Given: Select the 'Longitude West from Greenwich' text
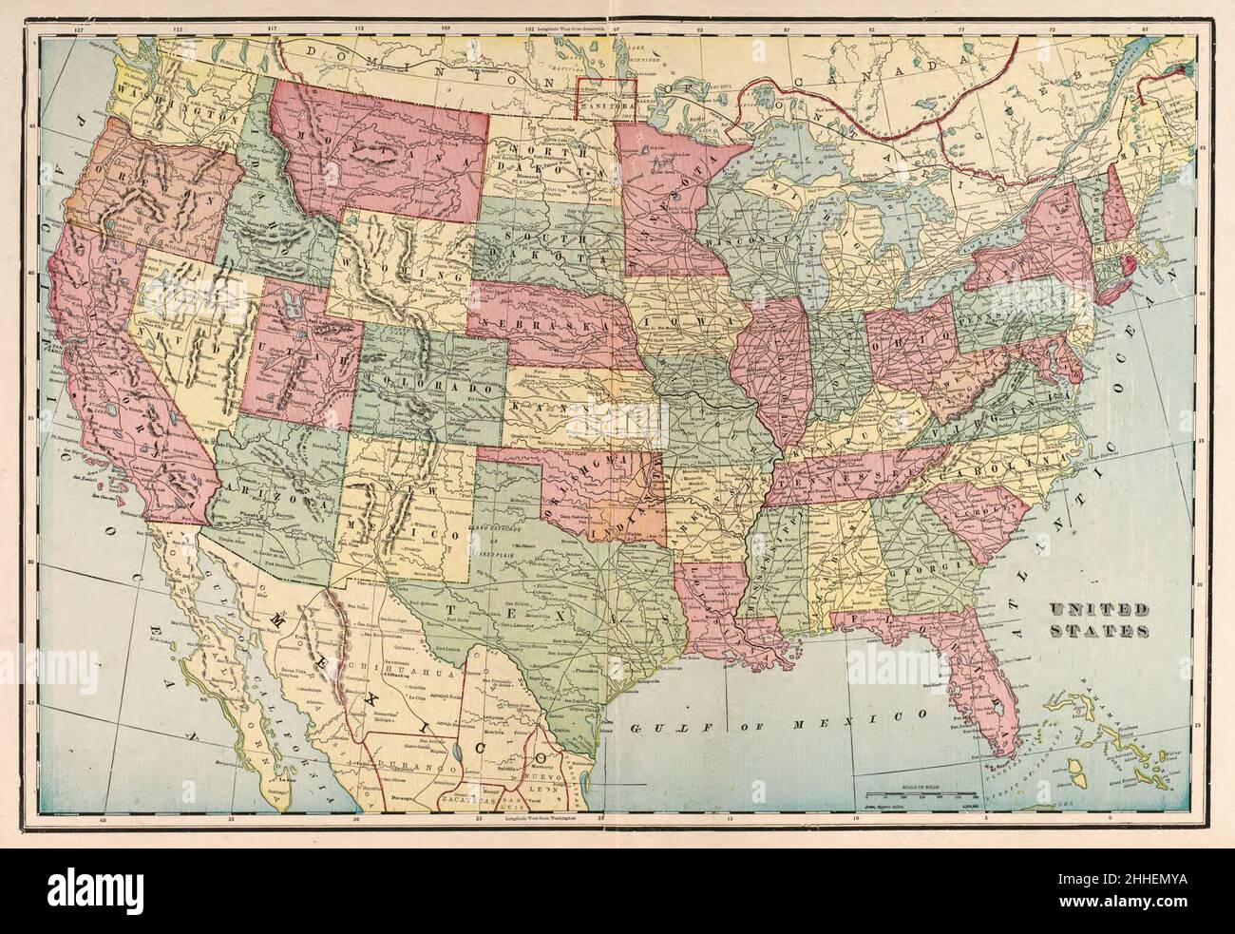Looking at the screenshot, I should click(x=570, y=29).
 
